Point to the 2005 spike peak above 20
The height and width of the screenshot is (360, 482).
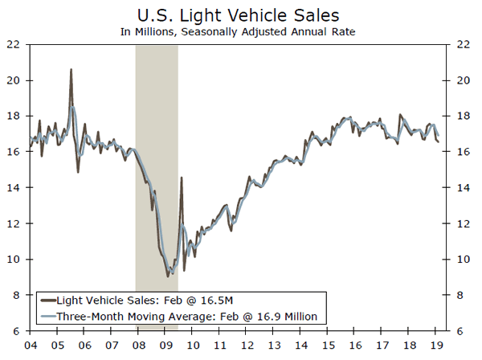[71, 70]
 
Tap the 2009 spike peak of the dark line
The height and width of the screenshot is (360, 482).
[181, 178]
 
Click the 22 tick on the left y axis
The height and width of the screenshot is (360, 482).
[14, 45]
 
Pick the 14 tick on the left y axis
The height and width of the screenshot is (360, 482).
[14, 188]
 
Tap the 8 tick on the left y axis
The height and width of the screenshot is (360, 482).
[16, 295]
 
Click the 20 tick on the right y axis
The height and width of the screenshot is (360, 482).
[463, 80]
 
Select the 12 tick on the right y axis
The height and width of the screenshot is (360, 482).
[463, 223]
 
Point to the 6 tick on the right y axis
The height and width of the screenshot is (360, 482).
[460, 330]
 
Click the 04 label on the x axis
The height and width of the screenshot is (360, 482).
[31, 346]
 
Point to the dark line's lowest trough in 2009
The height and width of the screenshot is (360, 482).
[168, 276]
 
